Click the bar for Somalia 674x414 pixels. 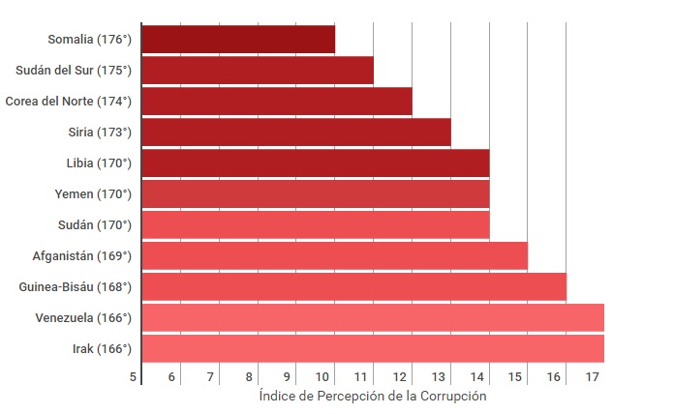238,40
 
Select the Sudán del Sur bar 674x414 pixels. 258,71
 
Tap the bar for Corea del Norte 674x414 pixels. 277,102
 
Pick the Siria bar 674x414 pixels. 296,133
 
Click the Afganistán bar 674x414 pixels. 335,256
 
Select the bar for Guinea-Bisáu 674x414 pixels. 354,287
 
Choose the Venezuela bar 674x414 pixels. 373,317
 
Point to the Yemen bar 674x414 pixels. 316,194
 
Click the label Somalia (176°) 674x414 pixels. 89,40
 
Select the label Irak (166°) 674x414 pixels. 102,349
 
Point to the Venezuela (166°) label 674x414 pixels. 82,318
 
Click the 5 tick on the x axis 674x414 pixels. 134,376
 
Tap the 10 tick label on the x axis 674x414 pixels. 325,376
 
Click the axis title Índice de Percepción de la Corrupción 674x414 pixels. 373,397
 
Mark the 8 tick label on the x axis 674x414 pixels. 249,376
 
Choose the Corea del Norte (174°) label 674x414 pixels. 68,102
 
